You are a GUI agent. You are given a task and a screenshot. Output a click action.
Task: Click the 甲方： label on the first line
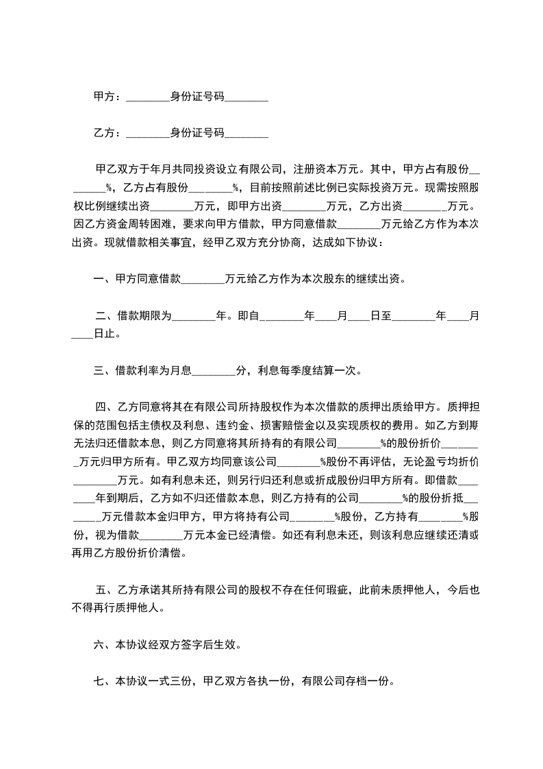pyautogui.click(x=107, y=97)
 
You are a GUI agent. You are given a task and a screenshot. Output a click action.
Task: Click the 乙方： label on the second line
pyautogui.click(x=107, y=132)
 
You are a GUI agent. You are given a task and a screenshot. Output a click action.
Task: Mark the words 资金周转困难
pyautogui.click(x=127, y=223)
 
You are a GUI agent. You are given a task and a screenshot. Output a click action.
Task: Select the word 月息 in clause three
pyautogui.click(x=181, y=371)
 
